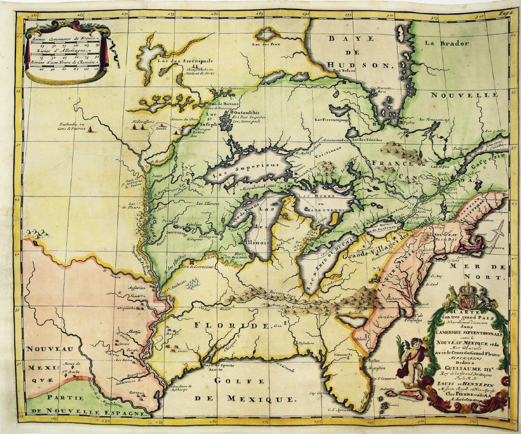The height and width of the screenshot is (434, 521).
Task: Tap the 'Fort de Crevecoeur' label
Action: tap(195, 267)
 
